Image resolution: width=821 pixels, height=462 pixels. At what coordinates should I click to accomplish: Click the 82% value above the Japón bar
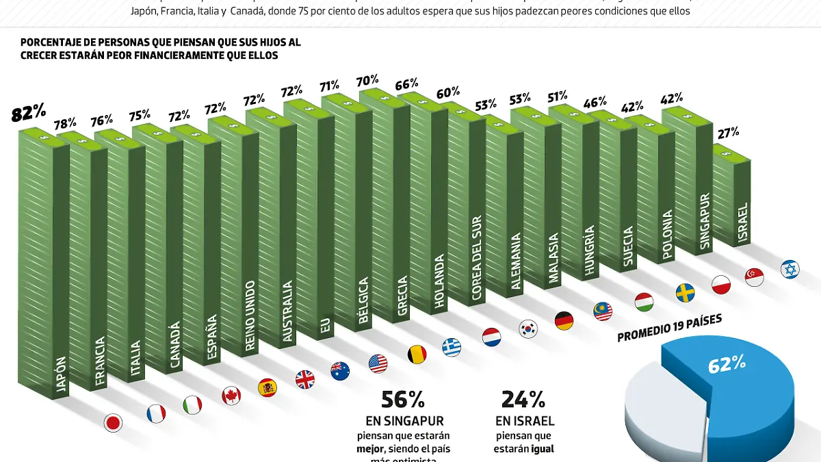pos(29,114)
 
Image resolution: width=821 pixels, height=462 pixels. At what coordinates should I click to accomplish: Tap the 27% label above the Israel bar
pos(727,133)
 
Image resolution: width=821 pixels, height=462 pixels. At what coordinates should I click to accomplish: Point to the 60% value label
pos(448,92)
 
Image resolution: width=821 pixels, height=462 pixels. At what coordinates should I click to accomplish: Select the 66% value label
pos(406,85)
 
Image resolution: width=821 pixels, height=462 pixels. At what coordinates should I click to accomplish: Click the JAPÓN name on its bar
pos(61,376)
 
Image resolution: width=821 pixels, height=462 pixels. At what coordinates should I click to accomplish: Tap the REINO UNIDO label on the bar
pos(250,315)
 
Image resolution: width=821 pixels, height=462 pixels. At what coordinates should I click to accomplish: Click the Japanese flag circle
pos(113,423)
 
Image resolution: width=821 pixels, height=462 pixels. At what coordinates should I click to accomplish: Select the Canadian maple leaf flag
pos(231,396)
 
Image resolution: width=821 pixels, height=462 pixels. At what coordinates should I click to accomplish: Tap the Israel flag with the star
pos(790,269)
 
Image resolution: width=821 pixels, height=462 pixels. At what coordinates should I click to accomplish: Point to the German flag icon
pos(564,320)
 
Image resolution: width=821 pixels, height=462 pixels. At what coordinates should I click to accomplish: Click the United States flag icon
pos(378,363)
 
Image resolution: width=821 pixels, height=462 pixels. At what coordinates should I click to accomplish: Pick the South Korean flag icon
pos(528,329)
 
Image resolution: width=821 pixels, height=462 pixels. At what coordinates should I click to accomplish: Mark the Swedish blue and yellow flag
pos(685,293)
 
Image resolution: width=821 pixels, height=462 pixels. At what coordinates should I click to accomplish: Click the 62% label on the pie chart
pos(726,364)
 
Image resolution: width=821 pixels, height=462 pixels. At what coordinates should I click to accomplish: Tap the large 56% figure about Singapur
pos(403,399)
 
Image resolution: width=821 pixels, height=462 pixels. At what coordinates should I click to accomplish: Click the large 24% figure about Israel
pos(523,399)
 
